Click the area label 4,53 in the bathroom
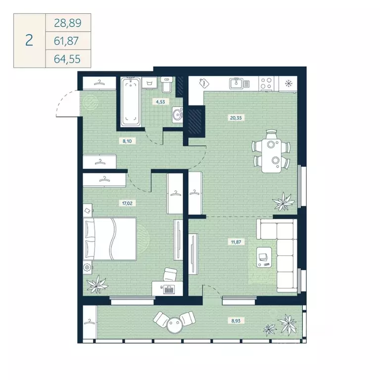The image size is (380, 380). point(159,103)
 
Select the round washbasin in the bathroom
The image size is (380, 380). point(176,115)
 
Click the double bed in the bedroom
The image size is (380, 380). point(110,239)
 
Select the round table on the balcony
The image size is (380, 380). point(173,325)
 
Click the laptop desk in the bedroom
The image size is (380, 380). point(168,287)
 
